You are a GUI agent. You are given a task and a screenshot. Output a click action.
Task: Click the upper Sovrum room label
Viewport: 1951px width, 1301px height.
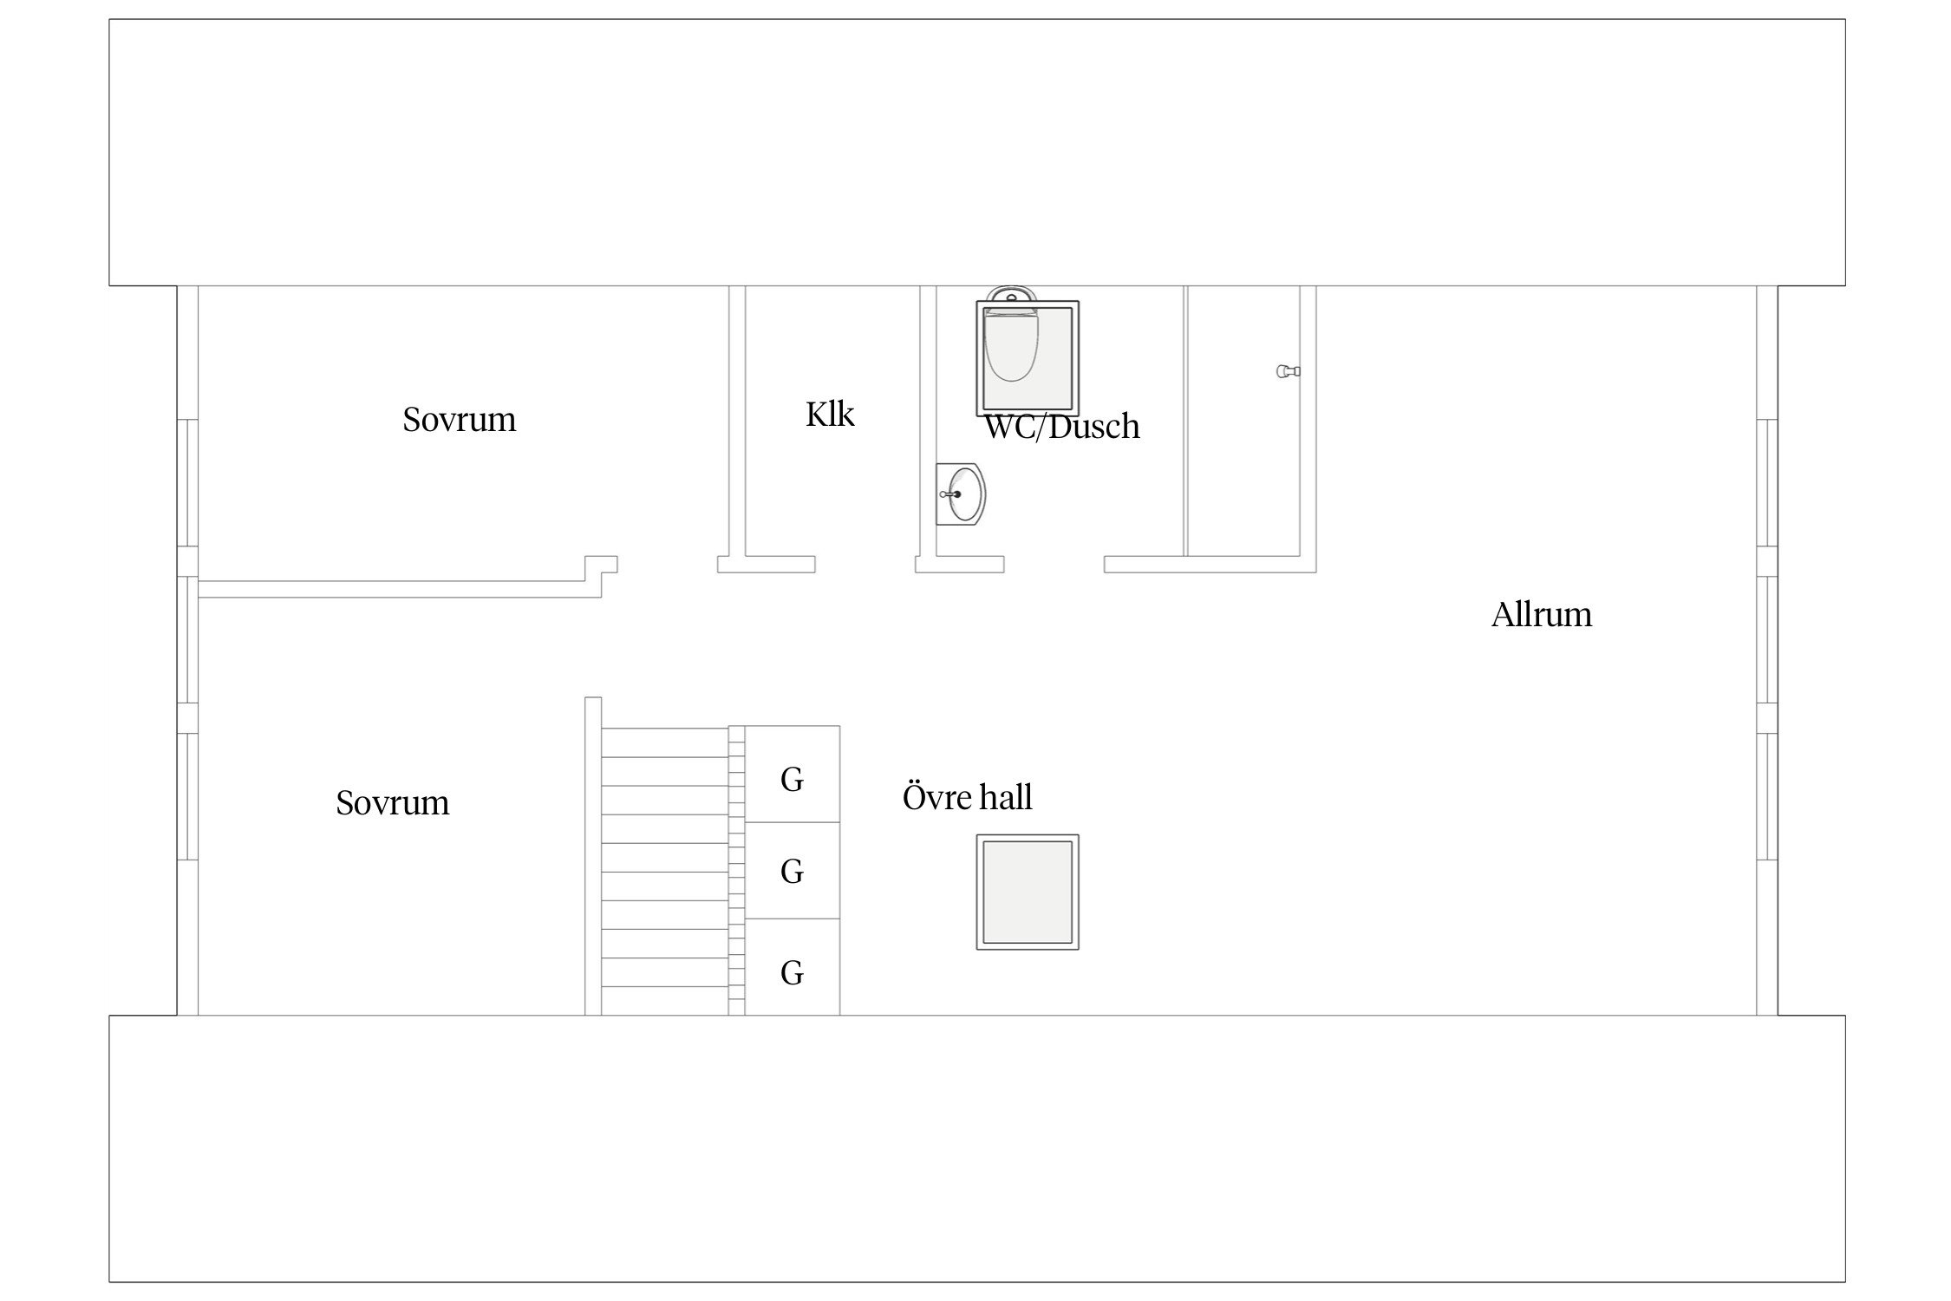coord(459,420)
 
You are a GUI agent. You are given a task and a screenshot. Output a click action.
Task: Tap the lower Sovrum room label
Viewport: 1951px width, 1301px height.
coord(392,803)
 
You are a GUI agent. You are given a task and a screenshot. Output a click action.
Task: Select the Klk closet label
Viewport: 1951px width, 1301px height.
coord(830,415)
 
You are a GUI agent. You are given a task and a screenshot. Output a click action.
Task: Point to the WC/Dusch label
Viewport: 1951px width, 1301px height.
coord(1062,427)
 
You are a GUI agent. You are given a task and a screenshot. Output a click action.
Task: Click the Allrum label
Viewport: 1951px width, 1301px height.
coord(1541,615)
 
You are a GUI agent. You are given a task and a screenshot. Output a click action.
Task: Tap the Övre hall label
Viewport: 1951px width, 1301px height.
coord(967,797)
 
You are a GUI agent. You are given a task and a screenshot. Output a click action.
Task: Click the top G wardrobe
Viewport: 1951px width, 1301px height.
coord(792,775)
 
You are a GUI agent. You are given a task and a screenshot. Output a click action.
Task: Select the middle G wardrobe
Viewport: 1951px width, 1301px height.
coord(792,871)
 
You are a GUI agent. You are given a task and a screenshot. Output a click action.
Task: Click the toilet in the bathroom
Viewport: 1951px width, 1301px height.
coord(1011,347)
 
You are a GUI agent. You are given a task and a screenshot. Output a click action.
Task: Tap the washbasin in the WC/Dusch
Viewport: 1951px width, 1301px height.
coord(964,494)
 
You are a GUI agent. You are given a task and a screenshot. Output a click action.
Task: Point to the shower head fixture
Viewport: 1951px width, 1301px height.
coord(1288,371)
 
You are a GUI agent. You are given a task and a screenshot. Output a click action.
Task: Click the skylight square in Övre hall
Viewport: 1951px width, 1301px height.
coord(1028,892)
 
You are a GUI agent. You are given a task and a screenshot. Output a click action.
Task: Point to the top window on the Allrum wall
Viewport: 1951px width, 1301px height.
coord(1766,482)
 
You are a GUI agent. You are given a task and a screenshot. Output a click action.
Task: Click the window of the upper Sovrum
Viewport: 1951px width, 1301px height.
coord(188,482)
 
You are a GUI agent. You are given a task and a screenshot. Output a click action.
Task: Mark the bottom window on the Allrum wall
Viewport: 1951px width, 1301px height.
coord(1766,796)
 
